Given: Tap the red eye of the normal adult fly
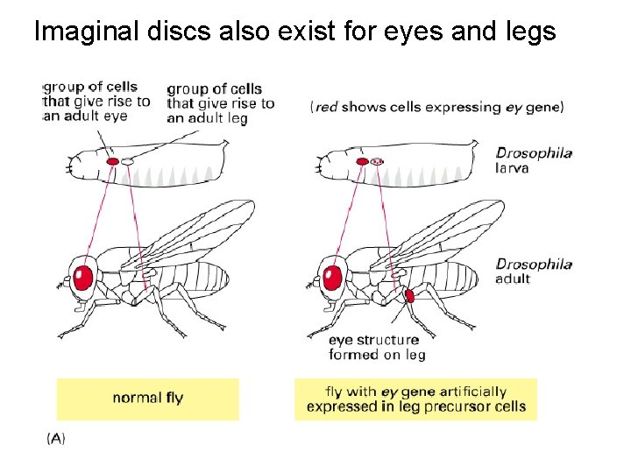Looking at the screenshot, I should (x=83, y=277).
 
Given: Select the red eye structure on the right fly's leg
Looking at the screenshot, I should (x=409, y=296).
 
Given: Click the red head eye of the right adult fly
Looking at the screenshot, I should (x=332, y=277).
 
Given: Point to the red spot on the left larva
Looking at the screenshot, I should (x=112, y=161).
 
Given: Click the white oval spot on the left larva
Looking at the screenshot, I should (x=128, y=161).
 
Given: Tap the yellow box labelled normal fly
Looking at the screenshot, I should (x=147, y=399).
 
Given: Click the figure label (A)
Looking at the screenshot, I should (x=54, y=438).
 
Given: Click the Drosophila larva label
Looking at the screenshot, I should (x=534, y=159).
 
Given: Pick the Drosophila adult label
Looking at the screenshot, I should (x=534, y=271).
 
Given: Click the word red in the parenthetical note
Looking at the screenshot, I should (x=326, y=107).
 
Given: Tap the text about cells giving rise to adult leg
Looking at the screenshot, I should (x=220, y=103).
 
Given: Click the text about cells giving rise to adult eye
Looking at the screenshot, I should (x=96, y=101).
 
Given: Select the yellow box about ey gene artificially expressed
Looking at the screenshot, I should (x=415, y=399).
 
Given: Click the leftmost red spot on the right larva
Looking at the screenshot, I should (x=362, y=161).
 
